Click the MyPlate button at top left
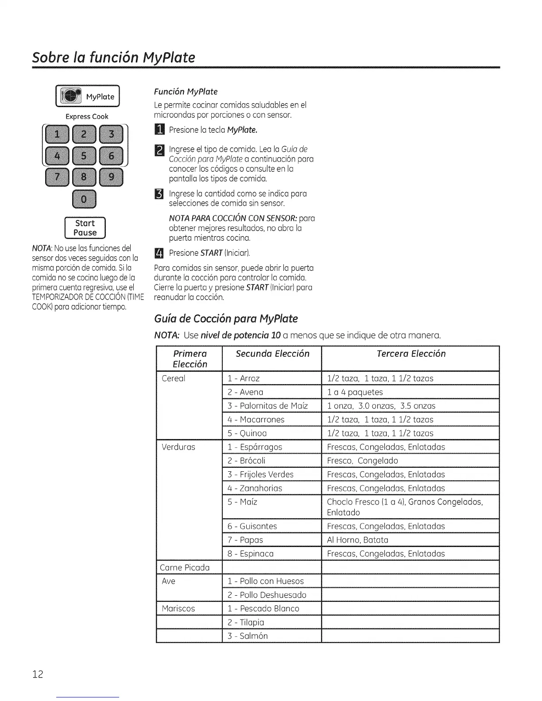pos(88,96)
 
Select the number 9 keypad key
pos(111,177)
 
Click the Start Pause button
pos(85,228)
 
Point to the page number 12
pos(38,674)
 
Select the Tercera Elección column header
pos(410,354)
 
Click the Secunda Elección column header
pos(272,354)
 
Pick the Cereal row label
pos(174,378)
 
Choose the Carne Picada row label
pos(184,567)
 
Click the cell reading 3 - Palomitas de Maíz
pos(267,406)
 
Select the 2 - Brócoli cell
pos(246,461)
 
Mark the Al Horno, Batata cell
pos(357,540)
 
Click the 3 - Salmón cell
pos(248,636)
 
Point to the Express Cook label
pos(87,116)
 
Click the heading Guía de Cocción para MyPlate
pos(226,319)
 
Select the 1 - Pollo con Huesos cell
pos(266,581)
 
